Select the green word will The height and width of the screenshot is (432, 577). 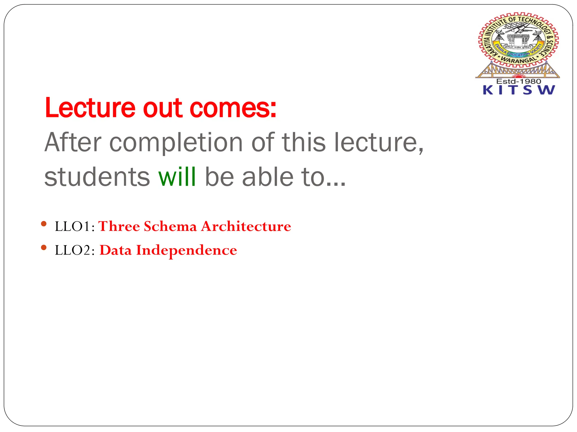pos(177,177)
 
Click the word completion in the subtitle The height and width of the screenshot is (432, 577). pos(176,143)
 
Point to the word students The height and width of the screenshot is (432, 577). pos(97,177)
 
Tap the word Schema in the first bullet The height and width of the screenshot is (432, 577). pos(170,226)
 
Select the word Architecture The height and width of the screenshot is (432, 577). pos(246,226)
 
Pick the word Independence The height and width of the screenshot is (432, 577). pos(187,250)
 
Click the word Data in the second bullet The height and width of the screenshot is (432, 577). pos(116,250)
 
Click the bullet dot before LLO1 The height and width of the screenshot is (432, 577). pos(43,224)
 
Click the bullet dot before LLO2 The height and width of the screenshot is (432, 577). pos(43,247)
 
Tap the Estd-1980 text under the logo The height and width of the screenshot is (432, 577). pos(518,81)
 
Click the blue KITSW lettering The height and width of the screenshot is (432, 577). pos(518,90)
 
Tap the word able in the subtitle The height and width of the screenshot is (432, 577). pos(267,177)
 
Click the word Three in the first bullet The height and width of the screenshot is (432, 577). pos(119,226)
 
